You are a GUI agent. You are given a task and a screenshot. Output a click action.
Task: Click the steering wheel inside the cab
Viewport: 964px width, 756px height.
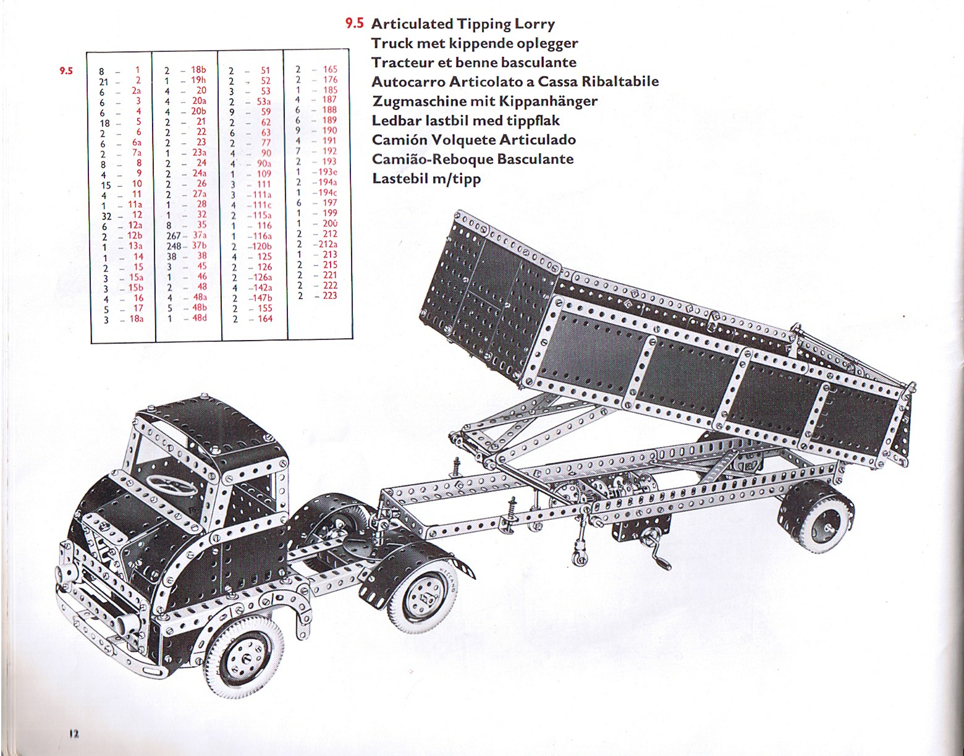pos(172,485)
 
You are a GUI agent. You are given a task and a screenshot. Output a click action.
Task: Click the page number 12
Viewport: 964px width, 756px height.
pos(73,734)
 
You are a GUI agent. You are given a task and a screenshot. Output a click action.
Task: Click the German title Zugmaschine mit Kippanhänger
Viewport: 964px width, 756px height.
pos(484,101)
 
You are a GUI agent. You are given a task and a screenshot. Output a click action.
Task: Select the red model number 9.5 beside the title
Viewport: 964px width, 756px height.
pos(355,23)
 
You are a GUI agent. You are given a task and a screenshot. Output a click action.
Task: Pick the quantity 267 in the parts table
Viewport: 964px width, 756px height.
pos(174,236)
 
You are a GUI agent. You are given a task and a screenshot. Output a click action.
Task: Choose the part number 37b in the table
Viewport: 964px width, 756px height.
pos(199,245)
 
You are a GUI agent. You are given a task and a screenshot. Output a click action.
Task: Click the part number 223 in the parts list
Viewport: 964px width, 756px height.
pos(329,295)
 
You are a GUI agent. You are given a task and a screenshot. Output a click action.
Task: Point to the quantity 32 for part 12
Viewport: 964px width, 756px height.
pos(106,216)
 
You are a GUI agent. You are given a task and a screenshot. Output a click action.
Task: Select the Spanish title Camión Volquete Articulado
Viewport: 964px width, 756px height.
pos(474,140)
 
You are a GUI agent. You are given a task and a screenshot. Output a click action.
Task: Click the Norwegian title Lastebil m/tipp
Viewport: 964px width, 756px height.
pos(426,179)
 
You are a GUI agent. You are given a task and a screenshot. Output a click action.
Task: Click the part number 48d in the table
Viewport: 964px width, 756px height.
pos(199,318)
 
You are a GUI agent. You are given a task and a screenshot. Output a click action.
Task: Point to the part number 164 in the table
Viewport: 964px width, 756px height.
pos(265,318)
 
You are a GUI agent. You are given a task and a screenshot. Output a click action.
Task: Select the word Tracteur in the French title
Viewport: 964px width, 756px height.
pos(402,62)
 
